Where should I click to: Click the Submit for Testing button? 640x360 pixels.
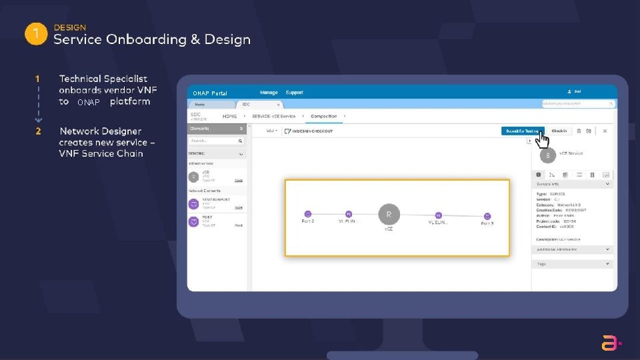point(523,131)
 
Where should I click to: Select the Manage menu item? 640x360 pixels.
point(269,93)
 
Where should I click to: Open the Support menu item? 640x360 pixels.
point(294,93)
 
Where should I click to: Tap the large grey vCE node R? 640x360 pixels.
point(389,215)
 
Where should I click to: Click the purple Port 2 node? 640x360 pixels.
point(307,215)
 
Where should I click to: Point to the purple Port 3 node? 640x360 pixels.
point(487,215)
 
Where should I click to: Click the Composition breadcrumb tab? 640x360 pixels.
point(324,116)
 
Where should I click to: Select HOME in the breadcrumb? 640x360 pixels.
point(230,116)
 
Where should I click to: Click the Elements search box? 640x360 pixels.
point(216,141)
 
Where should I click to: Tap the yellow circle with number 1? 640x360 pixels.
point(35,34)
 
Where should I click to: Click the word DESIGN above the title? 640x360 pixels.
point(70,27)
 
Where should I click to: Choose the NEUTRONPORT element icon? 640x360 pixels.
point(193,203)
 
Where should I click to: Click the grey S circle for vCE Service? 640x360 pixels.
point(547,155)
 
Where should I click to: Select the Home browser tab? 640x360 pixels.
point(200,105)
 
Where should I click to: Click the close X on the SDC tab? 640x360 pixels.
point(278,105)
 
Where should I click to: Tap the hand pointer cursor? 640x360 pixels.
point(543,141)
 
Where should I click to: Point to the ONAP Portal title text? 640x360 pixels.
point(209,93)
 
